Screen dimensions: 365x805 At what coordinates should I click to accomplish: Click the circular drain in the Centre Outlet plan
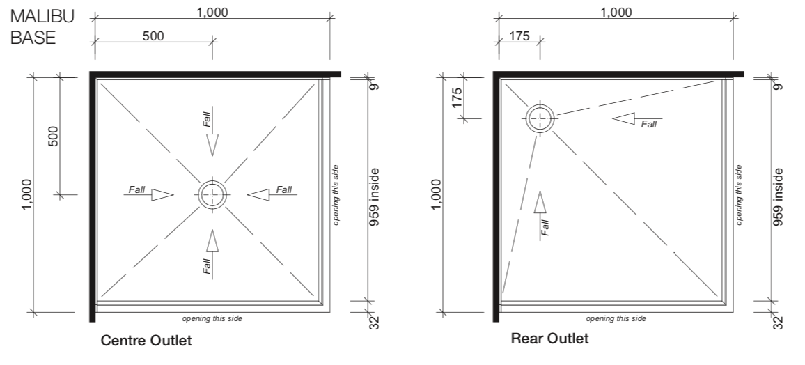tap(212, 195)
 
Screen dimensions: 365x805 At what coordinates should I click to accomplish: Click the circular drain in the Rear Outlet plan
tap(540, 118)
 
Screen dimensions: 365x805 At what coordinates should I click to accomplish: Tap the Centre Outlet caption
tap(146, 341)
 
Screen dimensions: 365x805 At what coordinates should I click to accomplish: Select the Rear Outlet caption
tap(549, 339)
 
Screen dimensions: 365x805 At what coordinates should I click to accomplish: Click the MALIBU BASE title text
tap(42, 26)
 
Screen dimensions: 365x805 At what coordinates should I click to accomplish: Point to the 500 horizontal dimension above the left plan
tap(153, 36)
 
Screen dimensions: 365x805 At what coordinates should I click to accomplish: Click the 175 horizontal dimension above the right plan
tap(519, 36)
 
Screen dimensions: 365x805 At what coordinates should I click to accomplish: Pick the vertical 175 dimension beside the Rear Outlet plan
tap(457, 96)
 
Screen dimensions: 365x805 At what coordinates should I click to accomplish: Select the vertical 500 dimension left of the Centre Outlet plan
tap(53, 135)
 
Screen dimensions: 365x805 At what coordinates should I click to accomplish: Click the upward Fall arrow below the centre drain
tap(212, 241)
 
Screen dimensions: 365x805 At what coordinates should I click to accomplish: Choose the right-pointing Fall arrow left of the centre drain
tap(162, 195)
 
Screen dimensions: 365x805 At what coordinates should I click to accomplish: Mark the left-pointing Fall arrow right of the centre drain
tap(259, 195)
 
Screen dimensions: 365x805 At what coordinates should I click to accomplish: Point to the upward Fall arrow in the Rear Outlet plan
tap(540, 203)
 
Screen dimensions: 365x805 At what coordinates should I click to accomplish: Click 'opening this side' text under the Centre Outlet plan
tap(212, 319)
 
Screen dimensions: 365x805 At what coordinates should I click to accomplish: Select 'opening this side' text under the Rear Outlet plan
tap(616, 319)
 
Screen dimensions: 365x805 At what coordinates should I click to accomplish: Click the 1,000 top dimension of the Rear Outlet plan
tap(616, 12)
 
